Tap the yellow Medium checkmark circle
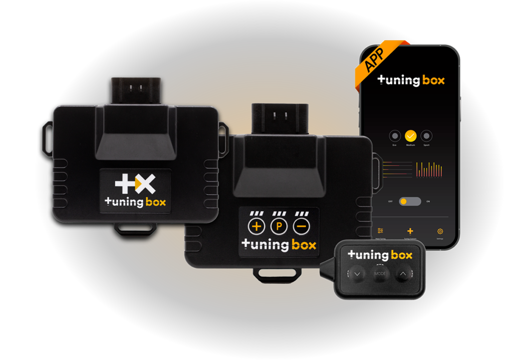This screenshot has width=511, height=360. click(411, 136)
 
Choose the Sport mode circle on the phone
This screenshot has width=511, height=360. click(426, 136)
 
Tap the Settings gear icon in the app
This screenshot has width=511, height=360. click(440, 231)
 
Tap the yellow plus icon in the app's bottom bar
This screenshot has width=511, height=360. click(410, 231)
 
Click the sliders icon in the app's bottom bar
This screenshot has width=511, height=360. click(381, 231)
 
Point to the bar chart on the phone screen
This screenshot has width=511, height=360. click(430, 169)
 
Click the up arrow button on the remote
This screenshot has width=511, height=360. click(403, 273)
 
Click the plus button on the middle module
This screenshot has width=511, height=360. click(257, 227)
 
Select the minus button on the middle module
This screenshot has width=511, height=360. click(301, 227)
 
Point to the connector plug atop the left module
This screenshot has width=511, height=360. click(135, 90)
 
